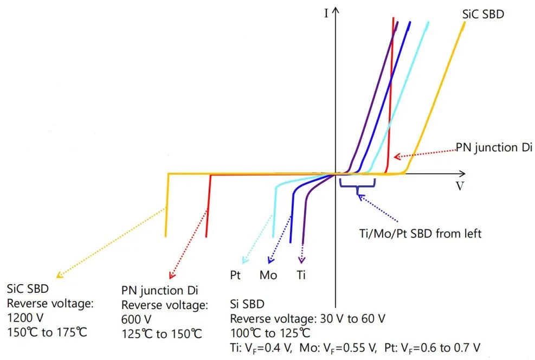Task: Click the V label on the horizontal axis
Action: (460, 186)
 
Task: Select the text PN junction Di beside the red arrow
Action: (494, 147)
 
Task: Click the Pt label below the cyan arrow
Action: (236, 275)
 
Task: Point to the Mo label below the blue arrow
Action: (268, 275)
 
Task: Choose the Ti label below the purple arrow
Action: (301, 275)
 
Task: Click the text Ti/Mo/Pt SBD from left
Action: (416, 234)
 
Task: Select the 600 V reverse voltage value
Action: (136, 319)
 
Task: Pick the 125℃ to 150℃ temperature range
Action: (162, 333)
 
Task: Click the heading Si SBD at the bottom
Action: (247, 303)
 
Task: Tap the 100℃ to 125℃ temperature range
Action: (270, 331)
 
